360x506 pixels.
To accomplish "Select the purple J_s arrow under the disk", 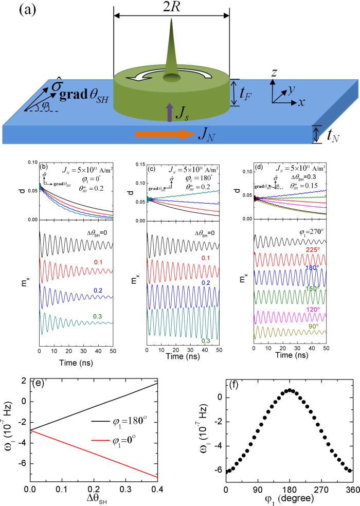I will point(169,112).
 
